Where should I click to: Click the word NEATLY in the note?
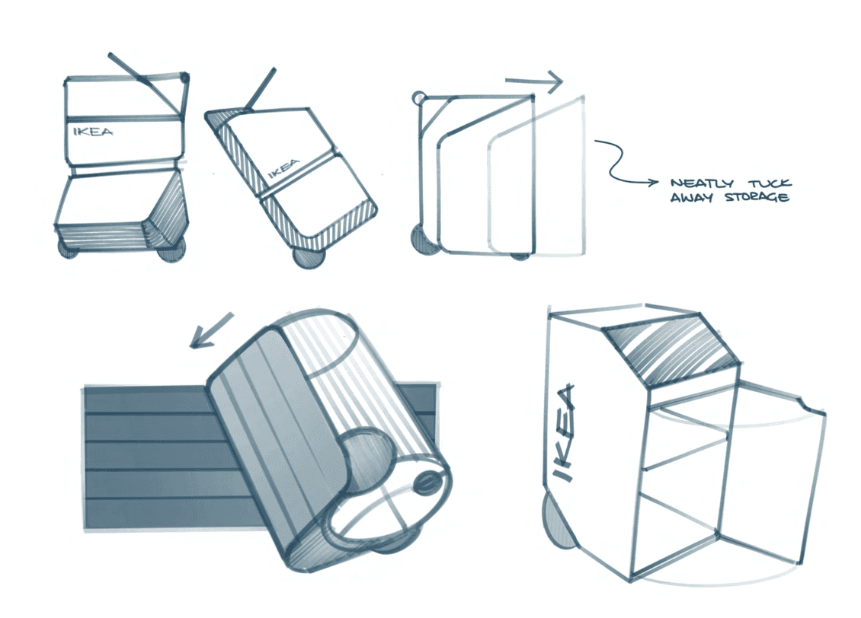(x=702, y=183)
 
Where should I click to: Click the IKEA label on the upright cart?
(x=93, y=131)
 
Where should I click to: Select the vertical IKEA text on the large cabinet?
(x=564, y=433)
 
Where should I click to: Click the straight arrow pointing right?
(x=533, y=80)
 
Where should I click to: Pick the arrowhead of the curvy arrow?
(x=652, y=183)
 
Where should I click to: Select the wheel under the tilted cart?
(x=308, y=257)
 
